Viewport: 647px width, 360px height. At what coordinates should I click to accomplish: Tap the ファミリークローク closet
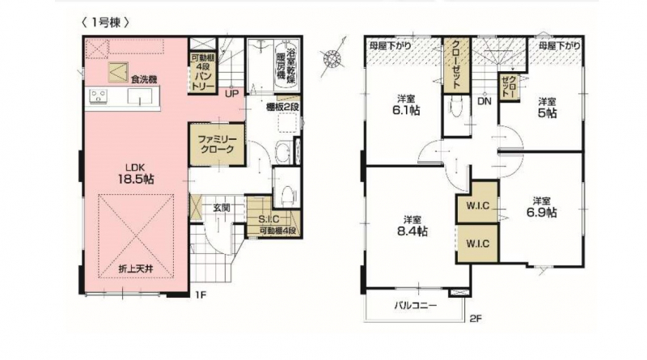pyautogui.click(x=217, y=144)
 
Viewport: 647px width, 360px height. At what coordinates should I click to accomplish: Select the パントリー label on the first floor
pyautogui.click(x=203, y=77)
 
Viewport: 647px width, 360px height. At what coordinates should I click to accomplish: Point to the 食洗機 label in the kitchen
pyautogui.click(x=144, y=79)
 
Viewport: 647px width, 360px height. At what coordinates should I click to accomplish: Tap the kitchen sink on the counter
pyautogui.click(x=139, y=98)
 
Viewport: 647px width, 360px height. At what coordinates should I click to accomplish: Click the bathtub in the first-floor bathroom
pyautogui.click(x=286, y=63)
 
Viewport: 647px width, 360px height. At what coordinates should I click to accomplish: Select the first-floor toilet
pyautogui.click(x=286, y=193)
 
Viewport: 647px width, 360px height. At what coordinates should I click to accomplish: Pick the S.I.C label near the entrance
pyautogui.click(x=269, y=218)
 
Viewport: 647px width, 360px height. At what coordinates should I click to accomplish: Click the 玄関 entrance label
pyautogui.click(x=221, y=208)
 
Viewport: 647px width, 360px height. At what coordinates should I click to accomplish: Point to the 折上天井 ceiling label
pyautogui.click(x=136, y=269)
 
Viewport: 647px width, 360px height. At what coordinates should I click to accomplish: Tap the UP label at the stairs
pyautogui.click(x=231, y=94)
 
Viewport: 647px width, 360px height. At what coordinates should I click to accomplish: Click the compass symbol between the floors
pyautogui.click(x=333, y=57)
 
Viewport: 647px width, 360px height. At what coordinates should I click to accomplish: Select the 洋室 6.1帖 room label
pyautogui.click(x=406, y=105)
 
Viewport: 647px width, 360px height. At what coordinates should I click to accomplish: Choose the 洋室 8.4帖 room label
pyautogui.click(x=412, y=226)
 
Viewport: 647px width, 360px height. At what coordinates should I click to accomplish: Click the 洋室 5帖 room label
pyautogui.click(x=547, y=108)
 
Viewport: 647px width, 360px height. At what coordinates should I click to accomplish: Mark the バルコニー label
pyautogui.click(x=415, y=306)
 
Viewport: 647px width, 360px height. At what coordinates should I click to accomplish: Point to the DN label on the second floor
pyautogui.click(x=484, y=100)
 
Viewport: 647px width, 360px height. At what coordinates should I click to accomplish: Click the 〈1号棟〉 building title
pyautogui.click(x=105, y=23)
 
